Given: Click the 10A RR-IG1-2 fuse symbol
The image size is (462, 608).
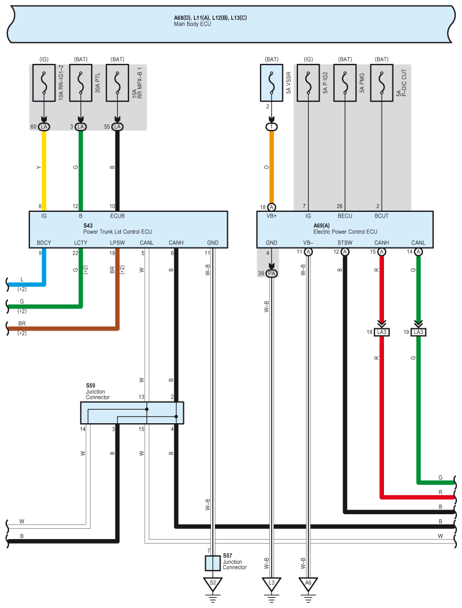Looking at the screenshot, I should [x=44, y=82].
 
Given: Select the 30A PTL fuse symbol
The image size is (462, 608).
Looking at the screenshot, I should [x=81, y=82].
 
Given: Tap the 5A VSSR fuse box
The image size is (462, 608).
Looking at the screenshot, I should [x=271, y=82].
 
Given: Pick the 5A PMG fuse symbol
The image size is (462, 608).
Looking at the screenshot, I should [x=345, y=82].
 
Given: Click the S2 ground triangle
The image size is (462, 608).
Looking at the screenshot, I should [x=213, y=583].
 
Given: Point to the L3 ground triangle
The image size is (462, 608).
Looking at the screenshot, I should [x=271, y=583].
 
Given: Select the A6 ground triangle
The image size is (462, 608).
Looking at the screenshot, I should [x=308, y=583].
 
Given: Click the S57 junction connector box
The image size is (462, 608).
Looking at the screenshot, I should [x=213, y=563].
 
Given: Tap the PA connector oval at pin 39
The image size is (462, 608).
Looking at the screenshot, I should [x=271, y=273].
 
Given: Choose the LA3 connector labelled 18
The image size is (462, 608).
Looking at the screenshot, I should [x=382, y=332].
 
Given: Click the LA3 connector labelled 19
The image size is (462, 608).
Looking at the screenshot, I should [x=418, y=332].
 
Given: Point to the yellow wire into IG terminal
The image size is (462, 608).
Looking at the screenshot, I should [x=44, y=170].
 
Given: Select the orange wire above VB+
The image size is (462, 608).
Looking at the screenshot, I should [x=271, y=170].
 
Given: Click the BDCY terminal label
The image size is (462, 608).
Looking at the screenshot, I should [x=44, y=243].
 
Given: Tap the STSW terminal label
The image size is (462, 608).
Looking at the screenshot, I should [x=345, y=243].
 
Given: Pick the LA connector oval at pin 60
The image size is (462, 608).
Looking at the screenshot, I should [x=44, y=127].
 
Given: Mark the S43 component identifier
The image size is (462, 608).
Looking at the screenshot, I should [x=88, y=225].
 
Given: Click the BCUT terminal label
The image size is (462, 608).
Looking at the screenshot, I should [x=382, y=216].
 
